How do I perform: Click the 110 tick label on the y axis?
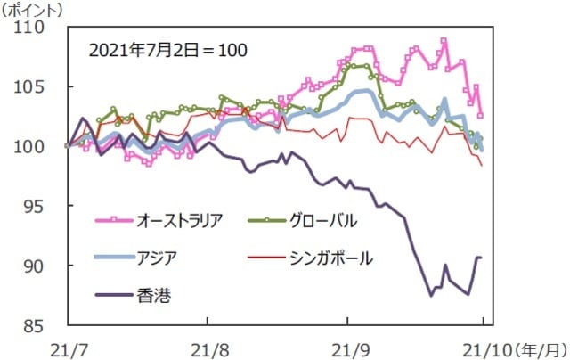(x=38, y=27)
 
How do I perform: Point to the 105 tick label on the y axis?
(x=38, y=86)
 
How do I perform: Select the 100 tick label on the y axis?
(x=38, y=146)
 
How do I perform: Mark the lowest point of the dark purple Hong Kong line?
(x=431, y=294)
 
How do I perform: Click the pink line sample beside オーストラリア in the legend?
(x=113, y=219)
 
